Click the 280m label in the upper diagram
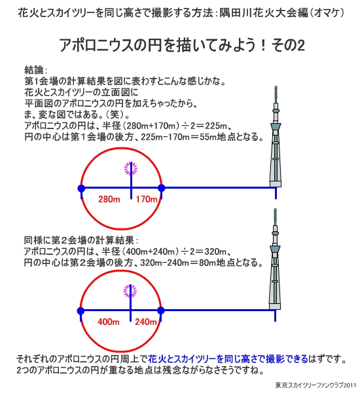[109, 199]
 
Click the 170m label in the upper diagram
[147, 199]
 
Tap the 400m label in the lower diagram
[109, 322]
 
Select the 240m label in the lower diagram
[146, 322]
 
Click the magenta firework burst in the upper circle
[131, 168]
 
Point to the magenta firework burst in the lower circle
[130, 291]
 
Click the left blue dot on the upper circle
[81, 188]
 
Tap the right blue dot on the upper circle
[162, 188]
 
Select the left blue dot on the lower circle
[81, 310]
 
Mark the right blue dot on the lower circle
[161, 310]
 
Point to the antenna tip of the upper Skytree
[276, 86]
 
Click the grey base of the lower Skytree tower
[275, 307]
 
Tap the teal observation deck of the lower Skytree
[275, 250]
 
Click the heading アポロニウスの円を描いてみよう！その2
[182, 45]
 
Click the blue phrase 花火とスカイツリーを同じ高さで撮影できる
[228, 359]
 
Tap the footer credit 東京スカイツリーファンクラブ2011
[315, 385]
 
